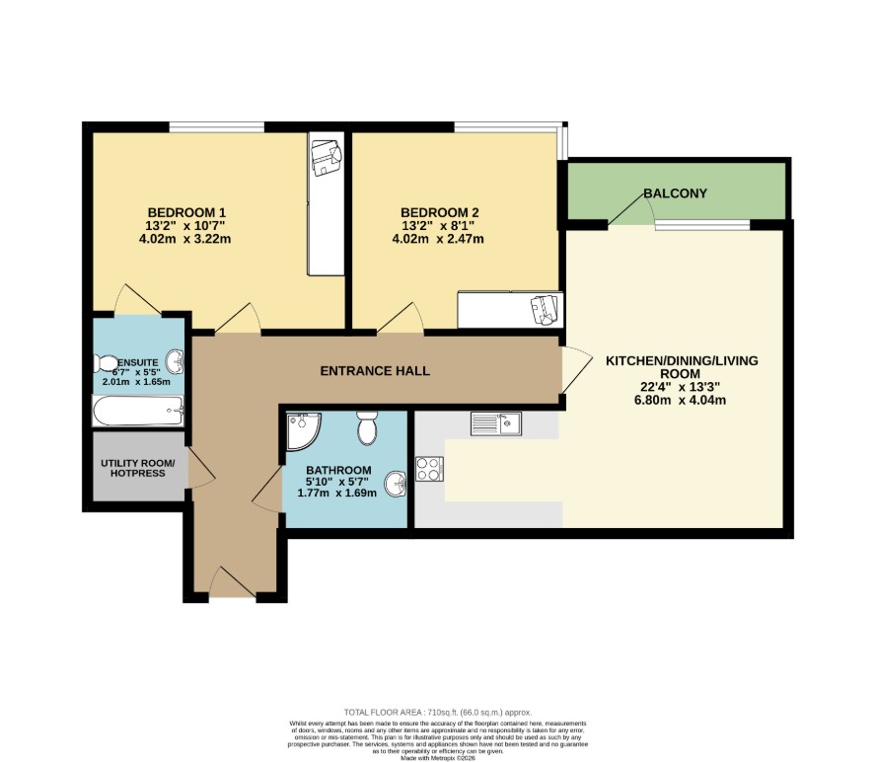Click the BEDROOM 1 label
[187, 212]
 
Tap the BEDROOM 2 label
[439, 212]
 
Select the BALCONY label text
[675, 193]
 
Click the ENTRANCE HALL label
[375, 371]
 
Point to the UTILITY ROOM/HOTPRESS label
[137, 469]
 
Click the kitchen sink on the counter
[495, 424]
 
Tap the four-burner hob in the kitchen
[429, 470]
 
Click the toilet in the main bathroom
[367, 428]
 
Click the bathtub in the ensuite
[138, 410]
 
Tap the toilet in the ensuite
[105, 362]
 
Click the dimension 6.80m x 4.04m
[681, 400]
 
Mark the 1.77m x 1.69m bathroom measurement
[337, 493]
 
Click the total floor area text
[437, 712]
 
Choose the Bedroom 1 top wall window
[216, 126]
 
